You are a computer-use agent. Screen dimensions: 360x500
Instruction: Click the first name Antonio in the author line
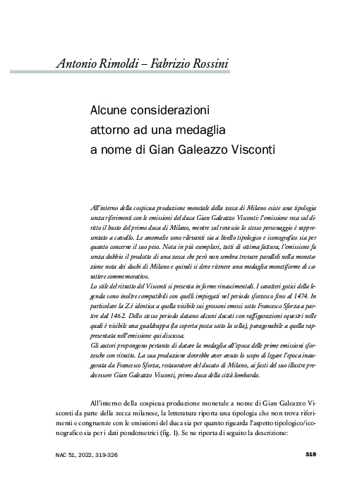point(79,65)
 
